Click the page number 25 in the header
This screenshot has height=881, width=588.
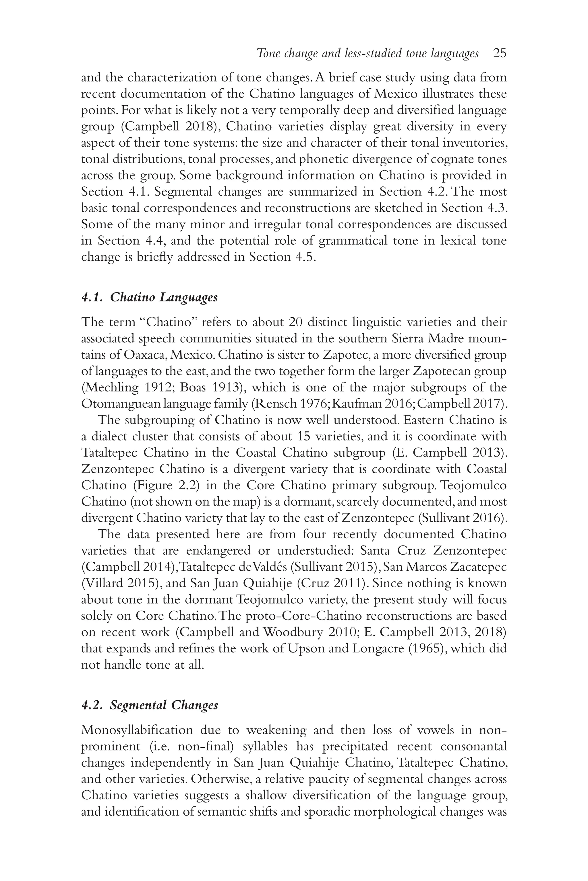point(500,54)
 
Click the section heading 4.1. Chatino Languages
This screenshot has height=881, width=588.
point(149,297)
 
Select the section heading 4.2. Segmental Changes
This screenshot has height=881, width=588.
point(150,705)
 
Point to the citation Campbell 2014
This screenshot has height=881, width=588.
point(126,567)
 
